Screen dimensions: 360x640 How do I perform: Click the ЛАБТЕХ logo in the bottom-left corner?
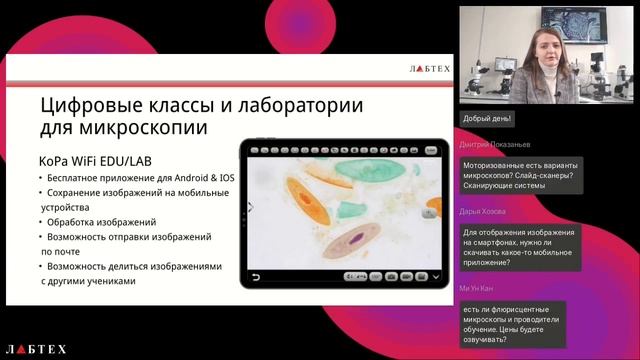[36, 349]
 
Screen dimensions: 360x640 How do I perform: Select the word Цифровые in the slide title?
[91, 105]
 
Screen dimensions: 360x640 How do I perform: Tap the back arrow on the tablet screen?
[255, 277]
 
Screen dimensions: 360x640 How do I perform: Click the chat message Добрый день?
[487, 119]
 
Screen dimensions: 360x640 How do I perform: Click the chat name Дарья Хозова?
[484, 212]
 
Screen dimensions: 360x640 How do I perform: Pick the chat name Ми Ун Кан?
[478, 288]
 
